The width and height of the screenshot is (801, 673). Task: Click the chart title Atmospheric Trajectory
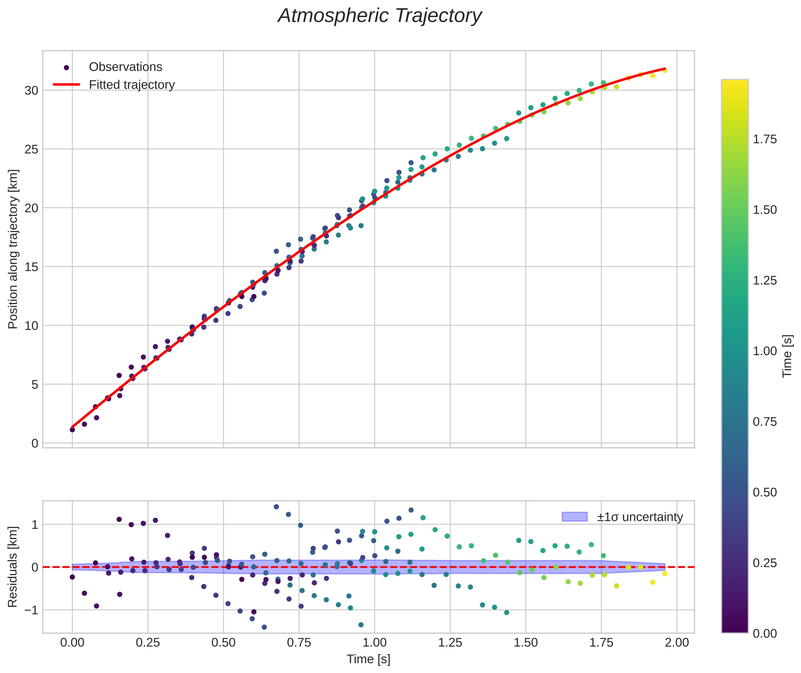coord(380,16)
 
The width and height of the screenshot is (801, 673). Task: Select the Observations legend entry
coord(125,67)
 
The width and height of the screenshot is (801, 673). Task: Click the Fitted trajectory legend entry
coord(131,85)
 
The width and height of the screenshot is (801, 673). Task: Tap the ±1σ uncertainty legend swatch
coord(574,517)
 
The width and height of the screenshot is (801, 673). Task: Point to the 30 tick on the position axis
coord(32,91)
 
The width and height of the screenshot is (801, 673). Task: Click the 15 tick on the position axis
coord(32,267)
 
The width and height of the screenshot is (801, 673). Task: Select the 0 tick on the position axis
coord(35,443)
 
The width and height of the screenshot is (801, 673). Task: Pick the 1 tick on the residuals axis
coord(35,525)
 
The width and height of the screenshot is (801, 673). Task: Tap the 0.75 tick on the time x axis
coord(299,642)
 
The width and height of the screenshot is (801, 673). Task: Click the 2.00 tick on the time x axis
coord(677,642)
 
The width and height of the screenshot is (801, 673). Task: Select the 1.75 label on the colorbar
coord(765,139)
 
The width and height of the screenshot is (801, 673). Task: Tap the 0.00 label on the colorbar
coord(765,633)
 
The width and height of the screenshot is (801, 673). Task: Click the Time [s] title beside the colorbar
coord(788,356)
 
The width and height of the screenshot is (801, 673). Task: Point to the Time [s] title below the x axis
coord(368,659)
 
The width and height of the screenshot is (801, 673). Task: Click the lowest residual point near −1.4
coord(264,627)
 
